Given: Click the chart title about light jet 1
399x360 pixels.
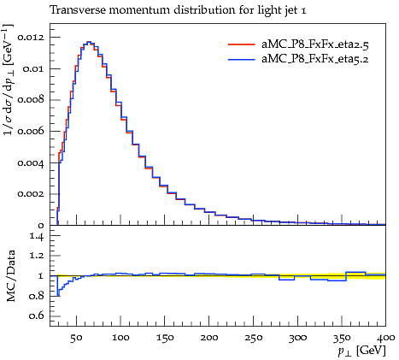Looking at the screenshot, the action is pos(178,10).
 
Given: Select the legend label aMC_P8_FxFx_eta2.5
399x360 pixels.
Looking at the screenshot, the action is pos(315,44).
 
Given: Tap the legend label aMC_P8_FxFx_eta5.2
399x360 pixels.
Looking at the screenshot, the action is pos(315,59).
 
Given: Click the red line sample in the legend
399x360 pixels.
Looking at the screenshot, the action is pos(241,44).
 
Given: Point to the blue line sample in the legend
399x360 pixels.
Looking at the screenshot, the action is pos(241,59).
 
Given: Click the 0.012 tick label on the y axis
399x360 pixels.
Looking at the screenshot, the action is pos(31,38).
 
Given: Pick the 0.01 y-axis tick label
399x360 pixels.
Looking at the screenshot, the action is pos(33,68).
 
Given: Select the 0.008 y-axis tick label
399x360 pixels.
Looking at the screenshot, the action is pos(31,100).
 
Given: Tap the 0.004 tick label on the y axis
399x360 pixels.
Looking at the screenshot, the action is pos(31,163).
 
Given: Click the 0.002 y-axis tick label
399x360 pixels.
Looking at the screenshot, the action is pos(31,194).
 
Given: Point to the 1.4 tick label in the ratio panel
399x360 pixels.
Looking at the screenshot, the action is pos(37,237).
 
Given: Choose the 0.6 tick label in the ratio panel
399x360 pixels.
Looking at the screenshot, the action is pos(37,316).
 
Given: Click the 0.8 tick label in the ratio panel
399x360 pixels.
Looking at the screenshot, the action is pos(37,296).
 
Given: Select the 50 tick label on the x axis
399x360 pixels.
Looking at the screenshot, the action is pos(76,338).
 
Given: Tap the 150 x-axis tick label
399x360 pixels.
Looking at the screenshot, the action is pos(165,338).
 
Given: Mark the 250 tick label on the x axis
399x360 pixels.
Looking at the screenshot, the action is pos(253,338).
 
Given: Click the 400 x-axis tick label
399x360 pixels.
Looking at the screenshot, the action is pos(385,338).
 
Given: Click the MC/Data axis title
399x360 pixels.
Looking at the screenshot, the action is pos(11,276).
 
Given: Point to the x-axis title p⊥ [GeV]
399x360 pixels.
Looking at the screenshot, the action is pos(361,351).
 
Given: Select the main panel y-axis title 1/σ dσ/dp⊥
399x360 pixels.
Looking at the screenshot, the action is pos(9,80).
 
